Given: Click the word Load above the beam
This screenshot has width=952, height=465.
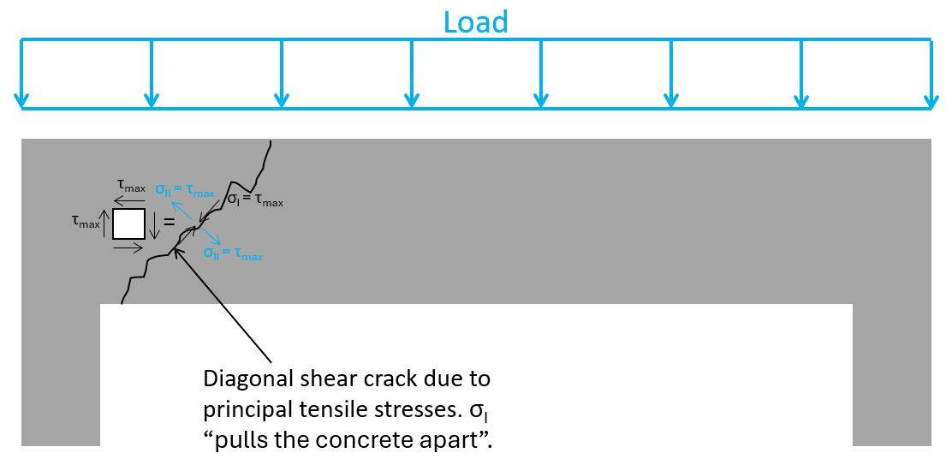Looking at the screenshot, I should (475, 21).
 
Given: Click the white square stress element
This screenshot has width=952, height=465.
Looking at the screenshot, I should (128, 224).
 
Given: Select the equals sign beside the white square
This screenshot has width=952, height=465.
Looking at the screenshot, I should (169, 222).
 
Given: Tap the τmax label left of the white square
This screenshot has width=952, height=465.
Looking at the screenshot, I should (86, 221).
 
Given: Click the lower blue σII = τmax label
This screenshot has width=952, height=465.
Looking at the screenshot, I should (233, 253).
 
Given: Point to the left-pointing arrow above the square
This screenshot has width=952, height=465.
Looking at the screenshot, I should (130, 202).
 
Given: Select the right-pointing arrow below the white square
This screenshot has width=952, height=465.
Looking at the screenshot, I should (128, 247).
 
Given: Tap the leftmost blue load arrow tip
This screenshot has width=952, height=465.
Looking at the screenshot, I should (22, 106).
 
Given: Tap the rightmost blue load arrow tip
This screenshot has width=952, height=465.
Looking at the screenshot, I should (931, 106).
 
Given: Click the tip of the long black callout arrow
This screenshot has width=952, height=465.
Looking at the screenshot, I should (175, 248).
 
